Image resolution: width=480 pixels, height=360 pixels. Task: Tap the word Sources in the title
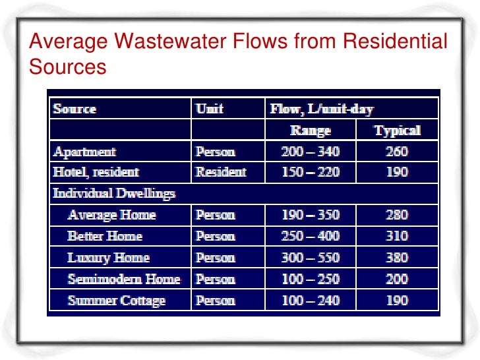[x=68, y=67]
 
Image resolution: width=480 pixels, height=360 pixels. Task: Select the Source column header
[x=75, y=109]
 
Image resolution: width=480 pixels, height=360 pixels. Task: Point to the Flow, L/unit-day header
[x=321, y=109]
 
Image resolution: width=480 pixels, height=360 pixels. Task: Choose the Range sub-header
[x=311, y=130]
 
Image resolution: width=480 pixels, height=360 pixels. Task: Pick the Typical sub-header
[x=397, y=130]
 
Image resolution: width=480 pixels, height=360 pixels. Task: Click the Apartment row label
[x=85, y=152]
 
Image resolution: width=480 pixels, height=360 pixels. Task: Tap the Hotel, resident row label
[x=96, y=172]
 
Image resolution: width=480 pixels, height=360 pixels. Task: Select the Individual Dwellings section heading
[x=114, y=194]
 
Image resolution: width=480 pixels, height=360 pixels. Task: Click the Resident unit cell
[x=221, y=172]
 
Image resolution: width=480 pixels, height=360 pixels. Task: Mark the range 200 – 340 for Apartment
[x=311, y=152]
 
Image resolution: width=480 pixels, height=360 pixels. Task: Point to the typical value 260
[x=397, y=152]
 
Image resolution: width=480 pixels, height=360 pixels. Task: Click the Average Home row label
[x=111, y=215]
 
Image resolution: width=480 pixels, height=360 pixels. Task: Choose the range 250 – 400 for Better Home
[x=311, y=236]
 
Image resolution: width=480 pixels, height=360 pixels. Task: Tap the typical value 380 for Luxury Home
[x=397, y=258]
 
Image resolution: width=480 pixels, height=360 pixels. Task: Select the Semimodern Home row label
[x=124, y=279]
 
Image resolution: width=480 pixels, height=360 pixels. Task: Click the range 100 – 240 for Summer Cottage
[x=311, y=301]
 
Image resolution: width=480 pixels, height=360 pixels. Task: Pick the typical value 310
[x=397, y=236]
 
